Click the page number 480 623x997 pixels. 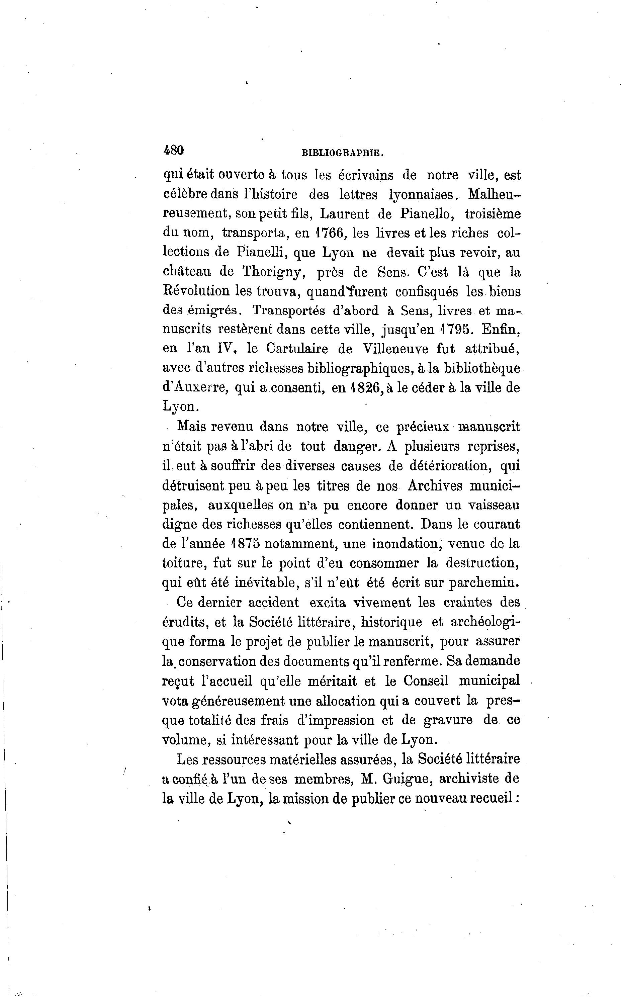point(173,150)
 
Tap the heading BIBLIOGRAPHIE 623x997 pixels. point(343,153)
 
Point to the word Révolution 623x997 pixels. point(195,292)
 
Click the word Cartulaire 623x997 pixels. point(297,349)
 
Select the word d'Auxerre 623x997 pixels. point(195,388)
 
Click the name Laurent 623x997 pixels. point(345,214)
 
